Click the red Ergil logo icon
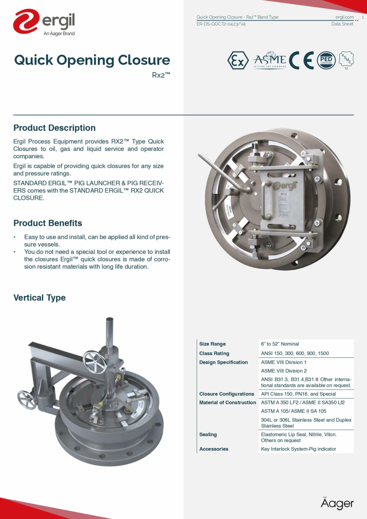(x=26, y=21)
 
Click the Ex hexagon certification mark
(x=238, y=61)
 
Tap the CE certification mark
(x=301, y=60)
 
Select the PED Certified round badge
(x=326, y=60)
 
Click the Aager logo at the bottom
(x=337, y=503)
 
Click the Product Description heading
(x=54, y=128)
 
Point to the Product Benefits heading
(x=48, y=223)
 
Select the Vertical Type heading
(x=39, y=298)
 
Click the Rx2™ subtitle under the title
(x=161, y=75)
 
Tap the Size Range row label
(x=213, y=344)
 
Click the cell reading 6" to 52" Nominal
(x=280, y=344)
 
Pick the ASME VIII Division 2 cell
(x=284, y=371)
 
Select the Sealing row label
(x=208, y=435)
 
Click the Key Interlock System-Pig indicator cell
(x=298, y=449)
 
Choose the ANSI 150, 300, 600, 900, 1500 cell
(x=295, y=353)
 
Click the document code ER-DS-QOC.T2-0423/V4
(x=221, y=24)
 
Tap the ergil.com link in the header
(x=344, y=17)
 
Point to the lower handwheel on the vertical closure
(x=27, y=400)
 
